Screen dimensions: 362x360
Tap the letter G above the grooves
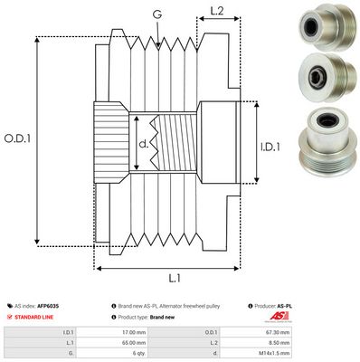[x=157, y=13]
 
